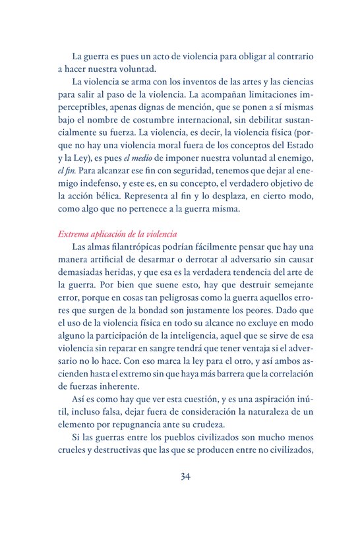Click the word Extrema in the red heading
[x=73, y=233]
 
